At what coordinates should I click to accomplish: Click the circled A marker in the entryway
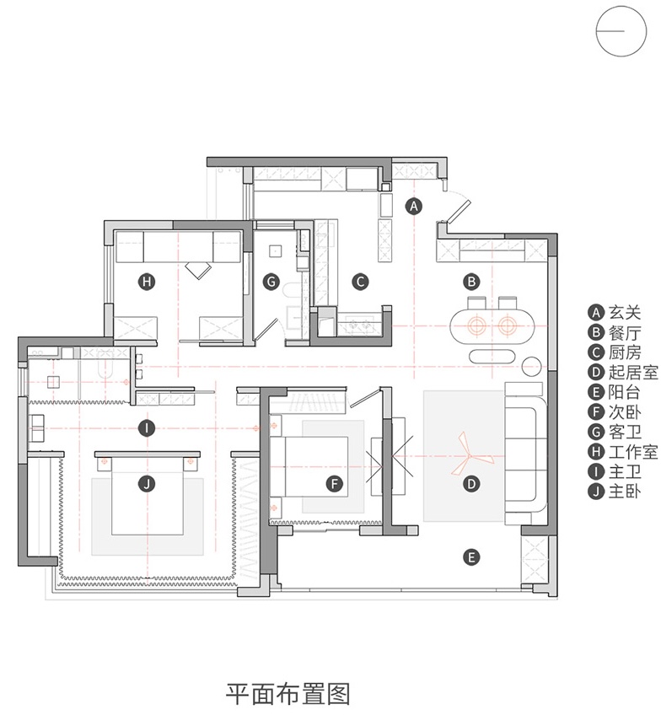point(413,206)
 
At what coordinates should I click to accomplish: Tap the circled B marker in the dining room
point(471,282)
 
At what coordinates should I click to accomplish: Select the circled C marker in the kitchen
point(360,282)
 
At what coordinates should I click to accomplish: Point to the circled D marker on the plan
point(471,483)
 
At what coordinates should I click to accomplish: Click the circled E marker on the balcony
point(471,556)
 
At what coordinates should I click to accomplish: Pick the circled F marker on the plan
point(335,483)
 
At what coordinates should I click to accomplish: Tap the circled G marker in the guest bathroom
point(271,282)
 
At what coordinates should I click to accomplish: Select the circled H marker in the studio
point(147,282)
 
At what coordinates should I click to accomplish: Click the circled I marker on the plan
point(147,428)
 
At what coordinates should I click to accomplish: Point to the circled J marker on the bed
point(147,483)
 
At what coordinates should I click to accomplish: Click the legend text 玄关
point(625,313)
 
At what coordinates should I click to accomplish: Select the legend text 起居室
point(633,373)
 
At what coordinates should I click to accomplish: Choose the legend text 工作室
point(633,452)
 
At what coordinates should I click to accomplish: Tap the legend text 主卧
point(625,492)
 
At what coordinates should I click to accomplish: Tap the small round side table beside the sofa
point(531,366)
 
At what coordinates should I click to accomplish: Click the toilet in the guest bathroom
point(291,292)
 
